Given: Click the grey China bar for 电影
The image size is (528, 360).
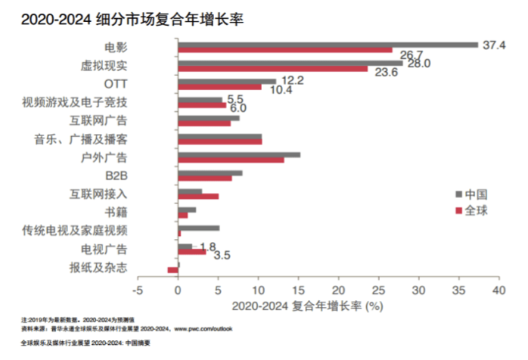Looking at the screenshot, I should coord(328,45).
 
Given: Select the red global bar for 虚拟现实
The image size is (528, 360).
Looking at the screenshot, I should coord(272,70).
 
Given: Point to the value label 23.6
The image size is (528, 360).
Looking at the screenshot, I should coord(387,73).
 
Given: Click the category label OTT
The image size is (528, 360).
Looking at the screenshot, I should coord(115,82).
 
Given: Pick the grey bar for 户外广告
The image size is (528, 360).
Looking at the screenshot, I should coord(239,155).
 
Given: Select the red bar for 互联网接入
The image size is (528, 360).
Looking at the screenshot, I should coord(198,196).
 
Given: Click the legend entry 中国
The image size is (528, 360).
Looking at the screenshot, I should coord(475,192).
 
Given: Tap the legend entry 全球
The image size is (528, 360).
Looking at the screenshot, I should coord(475,209).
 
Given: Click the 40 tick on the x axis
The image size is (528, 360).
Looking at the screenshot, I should coord(498,290).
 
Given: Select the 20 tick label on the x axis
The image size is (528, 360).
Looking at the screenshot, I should coord(338,290).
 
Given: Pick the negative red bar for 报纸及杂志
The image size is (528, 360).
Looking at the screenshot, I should coord(172,269).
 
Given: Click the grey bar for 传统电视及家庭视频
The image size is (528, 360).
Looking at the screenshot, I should coord(199,228).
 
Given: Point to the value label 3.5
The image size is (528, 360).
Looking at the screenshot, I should coord(222,256).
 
